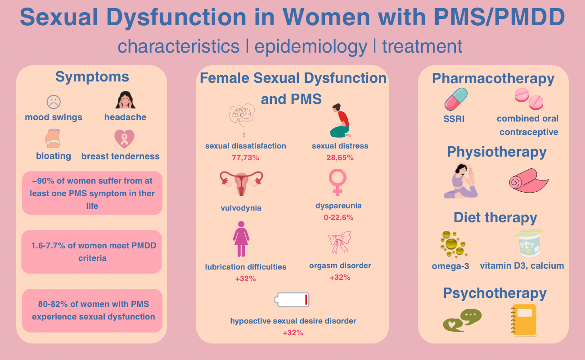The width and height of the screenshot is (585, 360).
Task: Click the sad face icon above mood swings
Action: point(54,102)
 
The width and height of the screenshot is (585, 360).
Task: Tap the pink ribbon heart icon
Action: point(124,139)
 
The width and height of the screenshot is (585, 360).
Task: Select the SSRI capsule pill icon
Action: point(456,99)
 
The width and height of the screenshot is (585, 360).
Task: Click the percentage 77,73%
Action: point(245,158)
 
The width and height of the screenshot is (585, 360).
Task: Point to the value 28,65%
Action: point(340,158)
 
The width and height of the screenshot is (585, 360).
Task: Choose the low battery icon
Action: point(292,300)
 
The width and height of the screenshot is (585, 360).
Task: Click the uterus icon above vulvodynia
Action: point(241,183)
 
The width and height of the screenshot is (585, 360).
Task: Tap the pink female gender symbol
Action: point(338,183)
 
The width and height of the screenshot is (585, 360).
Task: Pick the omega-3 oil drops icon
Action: point(452,243)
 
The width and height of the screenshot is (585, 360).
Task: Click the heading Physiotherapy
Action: point(496,152)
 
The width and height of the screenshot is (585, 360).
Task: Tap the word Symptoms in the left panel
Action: point(92,77)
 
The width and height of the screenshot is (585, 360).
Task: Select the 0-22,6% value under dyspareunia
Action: point(338,218)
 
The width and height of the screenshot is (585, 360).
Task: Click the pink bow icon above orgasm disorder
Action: point(339,243)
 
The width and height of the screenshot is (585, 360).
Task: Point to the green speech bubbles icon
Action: point(462,320)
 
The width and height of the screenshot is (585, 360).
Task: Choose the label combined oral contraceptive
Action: point(528,125)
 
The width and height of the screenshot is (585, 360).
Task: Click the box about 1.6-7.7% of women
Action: point(91,252)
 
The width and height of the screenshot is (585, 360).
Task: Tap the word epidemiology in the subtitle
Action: point(311,46)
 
